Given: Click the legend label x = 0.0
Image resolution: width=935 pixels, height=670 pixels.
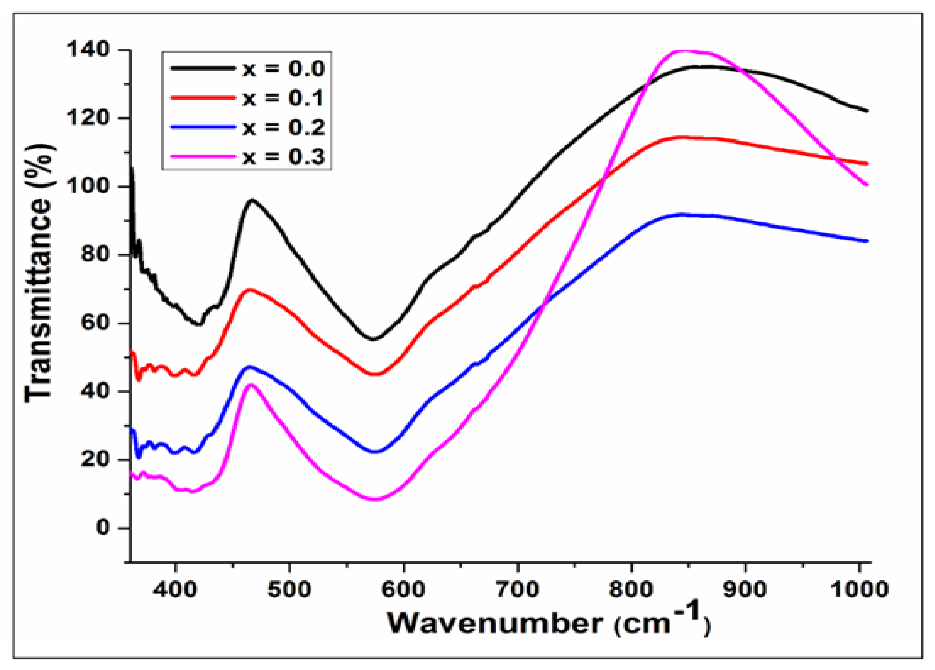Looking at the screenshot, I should pyautogui.click(x=284, y=69).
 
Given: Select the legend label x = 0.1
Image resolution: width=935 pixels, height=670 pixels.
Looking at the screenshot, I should pyautogui.click(x=284, y=98).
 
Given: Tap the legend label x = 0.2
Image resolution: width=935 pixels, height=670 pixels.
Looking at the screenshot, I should pyautogui.click(x=284, y=127).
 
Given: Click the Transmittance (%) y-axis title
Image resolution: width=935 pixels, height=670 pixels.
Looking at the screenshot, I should pyautogui.click(x=39, y=272).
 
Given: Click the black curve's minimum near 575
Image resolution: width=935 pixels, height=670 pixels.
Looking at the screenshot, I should pyautogui.click(x=373, y=339).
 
